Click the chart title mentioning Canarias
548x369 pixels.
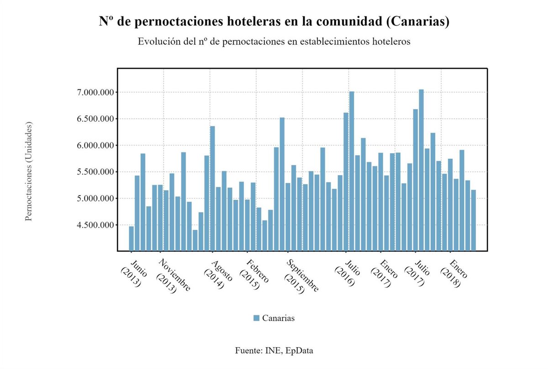(274, 21)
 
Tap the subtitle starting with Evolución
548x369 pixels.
(274, 42)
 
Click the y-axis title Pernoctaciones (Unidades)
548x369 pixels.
(29, 171)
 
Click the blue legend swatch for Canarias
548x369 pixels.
(256, 318)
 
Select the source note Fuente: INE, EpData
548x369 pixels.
(274, 351)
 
